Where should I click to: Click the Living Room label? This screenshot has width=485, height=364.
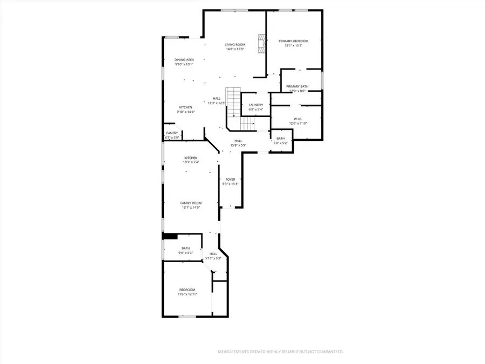tap(235, 44)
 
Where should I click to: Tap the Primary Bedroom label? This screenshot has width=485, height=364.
tap(293, 41)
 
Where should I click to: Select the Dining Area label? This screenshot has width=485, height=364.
tap(184, 60)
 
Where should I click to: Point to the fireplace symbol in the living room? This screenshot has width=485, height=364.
tap(262, 45)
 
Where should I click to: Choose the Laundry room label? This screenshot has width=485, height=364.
tap(255, 105)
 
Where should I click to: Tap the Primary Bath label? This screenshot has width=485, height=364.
tap(297, 86)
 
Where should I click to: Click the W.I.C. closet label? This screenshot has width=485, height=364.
tap(297, 119)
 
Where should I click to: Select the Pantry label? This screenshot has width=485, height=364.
tap(172, 133)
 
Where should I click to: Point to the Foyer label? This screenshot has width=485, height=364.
tap(230, 179)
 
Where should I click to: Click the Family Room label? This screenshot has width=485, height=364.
tap(191, 203)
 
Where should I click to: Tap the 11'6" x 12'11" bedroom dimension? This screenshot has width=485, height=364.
tap(188, 294)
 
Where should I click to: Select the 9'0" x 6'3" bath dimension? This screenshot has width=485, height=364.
tap(185, 253)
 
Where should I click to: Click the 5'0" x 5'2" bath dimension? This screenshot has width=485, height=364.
tap(281, 143)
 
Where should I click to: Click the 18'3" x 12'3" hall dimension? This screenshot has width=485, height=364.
tap(217, 103)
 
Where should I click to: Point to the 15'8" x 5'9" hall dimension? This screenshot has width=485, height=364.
tap(238, 145)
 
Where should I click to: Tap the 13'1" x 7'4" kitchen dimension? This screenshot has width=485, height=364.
tap(191, 162)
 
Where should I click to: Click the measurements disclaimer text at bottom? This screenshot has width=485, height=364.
tap(280, 352)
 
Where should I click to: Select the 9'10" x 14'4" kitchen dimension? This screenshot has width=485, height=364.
tap(185, 112)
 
